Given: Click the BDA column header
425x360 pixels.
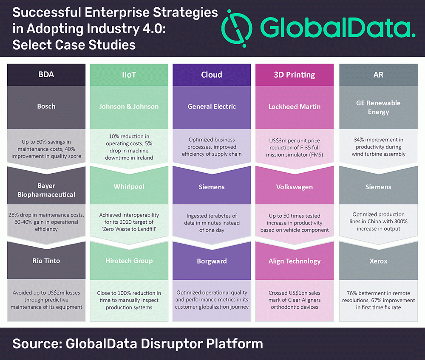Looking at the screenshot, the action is [46, 74].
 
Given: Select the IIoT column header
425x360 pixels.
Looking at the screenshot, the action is [129, 75].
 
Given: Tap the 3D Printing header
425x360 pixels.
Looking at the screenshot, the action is [295, 75].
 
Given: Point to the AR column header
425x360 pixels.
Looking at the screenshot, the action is [378, 75].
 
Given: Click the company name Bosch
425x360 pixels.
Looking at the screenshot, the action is [46, 107].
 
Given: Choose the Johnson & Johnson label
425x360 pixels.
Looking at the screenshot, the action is [129, 107].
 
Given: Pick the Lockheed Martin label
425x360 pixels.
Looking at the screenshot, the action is [295, 107].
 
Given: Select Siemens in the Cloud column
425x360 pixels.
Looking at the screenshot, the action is [212, 187].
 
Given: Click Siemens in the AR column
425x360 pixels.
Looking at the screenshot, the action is [378, 187].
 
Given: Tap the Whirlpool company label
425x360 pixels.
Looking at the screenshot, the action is [129, 187].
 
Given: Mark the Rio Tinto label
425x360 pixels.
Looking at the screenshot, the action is [46, 261].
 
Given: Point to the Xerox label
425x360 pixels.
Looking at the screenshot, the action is [378, 261].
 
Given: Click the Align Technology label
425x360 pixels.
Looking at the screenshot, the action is [295, 261].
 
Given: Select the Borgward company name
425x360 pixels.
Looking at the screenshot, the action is [212, 261].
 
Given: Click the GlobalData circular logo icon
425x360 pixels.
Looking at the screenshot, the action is [237, 28].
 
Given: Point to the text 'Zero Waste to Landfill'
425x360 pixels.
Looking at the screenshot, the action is [129, 229].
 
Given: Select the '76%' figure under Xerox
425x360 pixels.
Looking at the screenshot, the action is [352, 293].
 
